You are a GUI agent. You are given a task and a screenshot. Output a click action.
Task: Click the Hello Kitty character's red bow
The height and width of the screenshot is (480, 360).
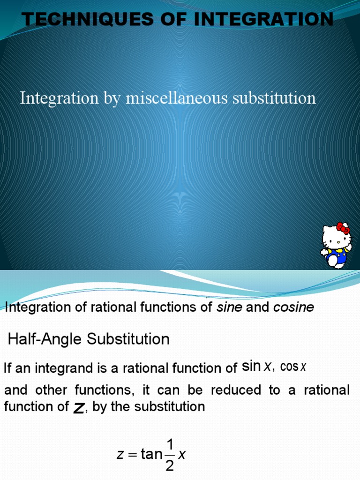[x=344, y=229]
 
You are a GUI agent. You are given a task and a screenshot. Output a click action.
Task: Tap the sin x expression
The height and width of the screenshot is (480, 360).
[x=256, y=367]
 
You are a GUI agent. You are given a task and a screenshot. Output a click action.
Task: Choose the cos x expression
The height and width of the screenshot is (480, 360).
[x=293, y=367]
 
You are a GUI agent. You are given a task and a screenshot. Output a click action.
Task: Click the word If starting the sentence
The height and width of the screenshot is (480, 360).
[x=8, y=368]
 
